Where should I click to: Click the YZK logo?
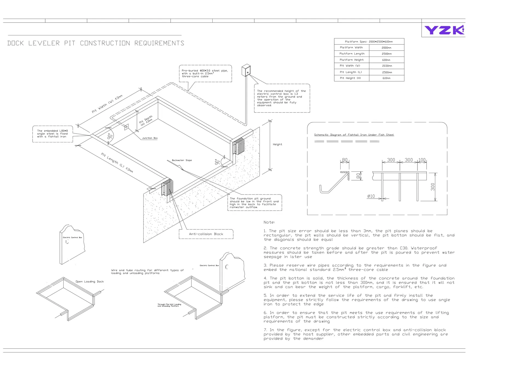[x=444, y=30]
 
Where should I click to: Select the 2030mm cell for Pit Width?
[x=387, y=66]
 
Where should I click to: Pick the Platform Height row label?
[x=351, y=60]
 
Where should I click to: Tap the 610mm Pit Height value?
[x=386, y=78]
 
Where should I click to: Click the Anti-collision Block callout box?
[x=206, y=234]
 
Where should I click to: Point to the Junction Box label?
[x=150, y=138]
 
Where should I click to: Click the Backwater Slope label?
[x=182, y=160]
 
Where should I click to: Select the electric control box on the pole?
[x=246, y=70]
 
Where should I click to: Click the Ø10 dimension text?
[x=371, y=196]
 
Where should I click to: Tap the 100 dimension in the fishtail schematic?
[x=422, y=160]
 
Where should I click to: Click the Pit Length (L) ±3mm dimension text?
[x=117, y=163]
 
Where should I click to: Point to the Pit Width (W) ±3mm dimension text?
[x=107, y=104]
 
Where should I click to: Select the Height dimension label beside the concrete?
[x=277, y=144]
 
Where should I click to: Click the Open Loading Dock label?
[x=90, y=281]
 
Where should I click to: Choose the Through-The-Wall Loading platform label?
[x=169, y=305]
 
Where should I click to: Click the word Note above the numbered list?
[x=269, y=222]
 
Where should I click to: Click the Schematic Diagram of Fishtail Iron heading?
[x=354, y=135]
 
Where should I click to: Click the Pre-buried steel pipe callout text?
[x=205, y=74]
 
